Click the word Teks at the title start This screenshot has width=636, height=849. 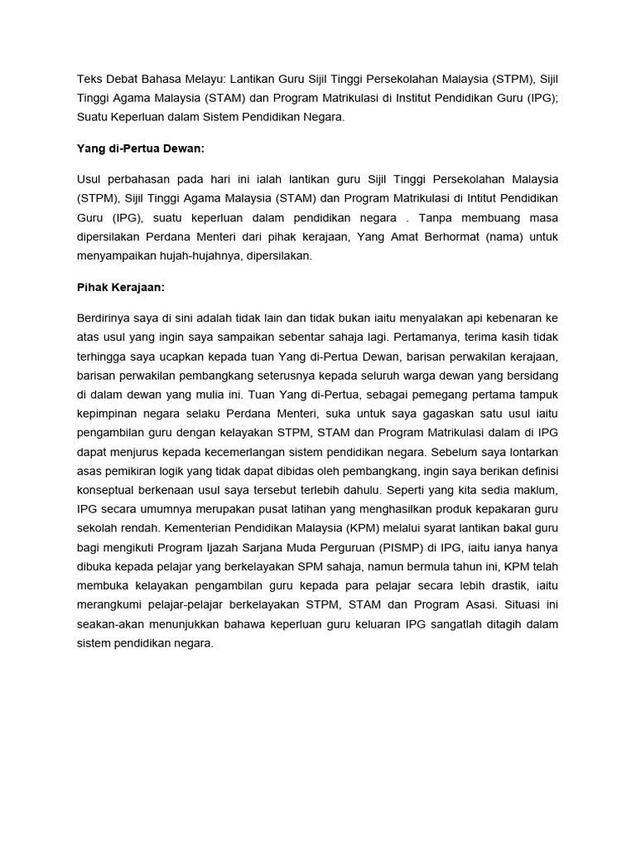(89, 79)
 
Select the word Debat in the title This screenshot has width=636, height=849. (124, 79)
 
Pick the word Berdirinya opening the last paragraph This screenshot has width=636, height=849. (104, 318)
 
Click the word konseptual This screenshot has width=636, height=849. (108, 490)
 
